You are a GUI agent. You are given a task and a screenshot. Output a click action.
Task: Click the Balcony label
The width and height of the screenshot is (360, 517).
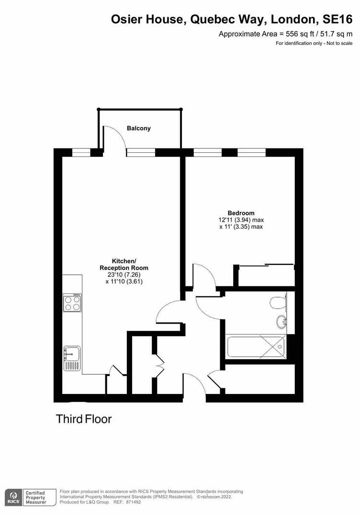click(x=139, y=128)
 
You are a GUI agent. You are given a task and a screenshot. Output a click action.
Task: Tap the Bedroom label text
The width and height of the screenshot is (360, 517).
click(x=241, y=213)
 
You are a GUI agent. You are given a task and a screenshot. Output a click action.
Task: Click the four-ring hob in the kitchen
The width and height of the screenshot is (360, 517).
click(x=72, y=303)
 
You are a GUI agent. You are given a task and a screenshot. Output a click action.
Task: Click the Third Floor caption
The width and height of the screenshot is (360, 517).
click(x=84, y=419)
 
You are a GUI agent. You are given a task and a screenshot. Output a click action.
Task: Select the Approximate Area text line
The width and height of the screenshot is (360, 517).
click(x=285, y=34)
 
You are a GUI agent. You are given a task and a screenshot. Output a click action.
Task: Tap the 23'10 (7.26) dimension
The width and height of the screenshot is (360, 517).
click(x=124, y=275)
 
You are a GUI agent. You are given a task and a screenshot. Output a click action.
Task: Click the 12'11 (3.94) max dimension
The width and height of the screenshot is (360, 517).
click(x=241, y=220)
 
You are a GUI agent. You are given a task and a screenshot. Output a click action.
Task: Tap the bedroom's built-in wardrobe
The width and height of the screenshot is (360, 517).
click(x=266, y=276)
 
